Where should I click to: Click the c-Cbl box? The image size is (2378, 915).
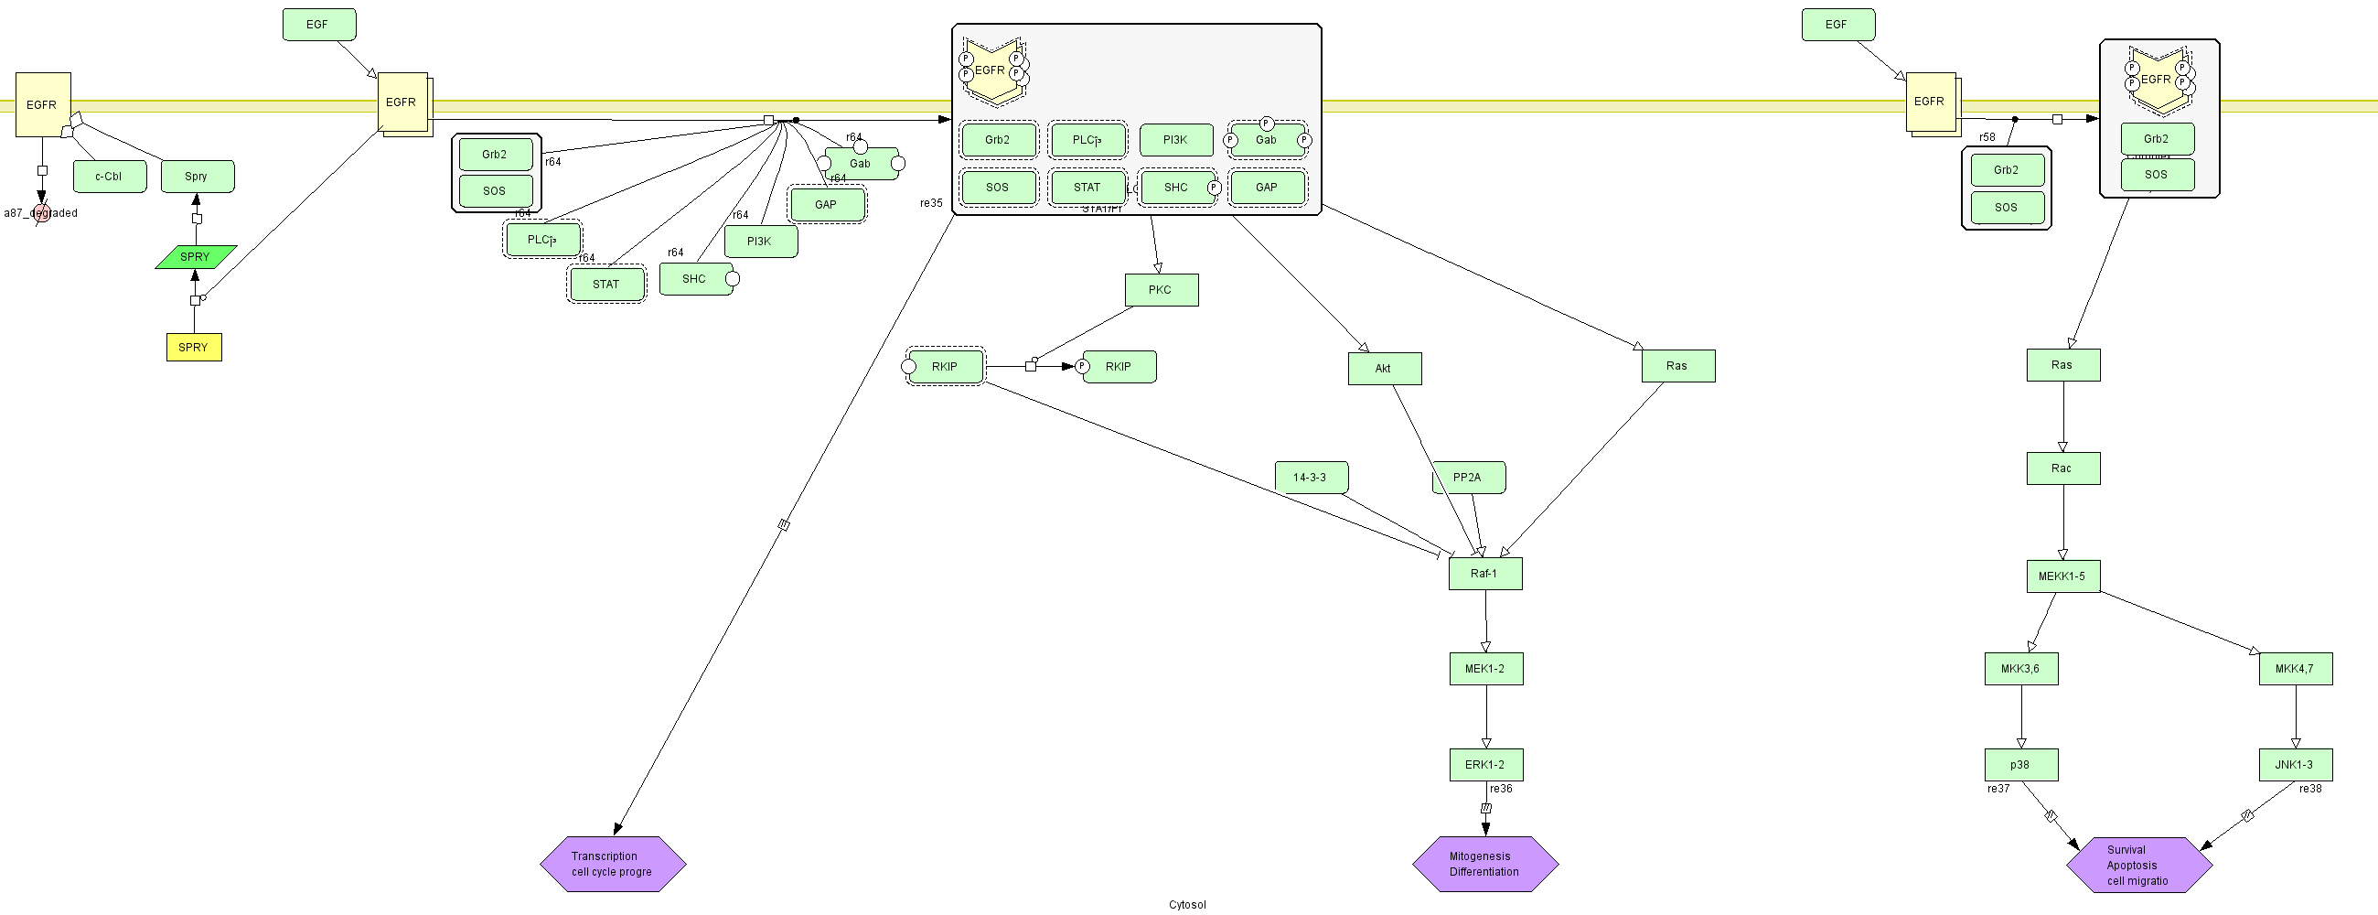pyautogui.click(x=109, y=177)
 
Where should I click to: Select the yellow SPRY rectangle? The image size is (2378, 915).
pyautogui.click(x=194, y=347)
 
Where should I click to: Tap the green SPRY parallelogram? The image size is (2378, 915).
pyautogui.click(x=196, y=257)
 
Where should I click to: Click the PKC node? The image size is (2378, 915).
pyautogui.click(x=1162, y=290)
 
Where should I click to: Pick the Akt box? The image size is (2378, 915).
pyautogui.click(x=1384, y=369)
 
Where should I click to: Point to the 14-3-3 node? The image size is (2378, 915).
pyautogui.click(x=1311, y=478)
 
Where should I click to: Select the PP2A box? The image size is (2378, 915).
pyautogui.click(x=1468, y=478)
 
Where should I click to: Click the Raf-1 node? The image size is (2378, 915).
pyautogui.click(x=1484, y=574)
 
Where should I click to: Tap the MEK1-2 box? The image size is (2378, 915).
pyautogui.click(x=1485, y=669)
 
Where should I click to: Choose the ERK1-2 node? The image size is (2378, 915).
pyautogui.click(x=1485, y=765)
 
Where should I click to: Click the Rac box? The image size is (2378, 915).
pyautogui.click(x=2062, y=468)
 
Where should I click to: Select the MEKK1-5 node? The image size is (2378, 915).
pyautogui.click(x=2062, y=576)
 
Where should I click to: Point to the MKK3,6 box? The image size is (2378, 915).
pyautogui.click(x=2020, y=669)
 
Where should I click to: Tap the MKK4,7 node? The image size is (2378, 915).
pyautogui.click(x=2295, y=669)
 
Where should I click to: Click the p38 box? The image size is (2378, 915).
pyautogui.click(x=2020, y=765)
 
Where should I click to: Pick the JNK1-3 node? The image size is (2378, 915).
pyautogui.click(x=2295, y=765)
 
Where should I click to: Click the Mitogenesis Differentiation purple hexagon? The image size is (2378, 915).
pyautogui.click(x=1484, y=865)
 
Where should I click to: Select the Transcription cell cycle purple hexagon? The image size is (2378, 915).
pyautogui.click(x=612, y=865)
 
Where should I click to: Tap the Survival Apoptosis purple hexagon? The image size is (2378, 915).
pyautogui.click(x=2138, y=866)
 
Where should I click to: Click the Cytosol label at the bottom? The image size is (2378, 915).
pyautogui.click(x=1187, y=905)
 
